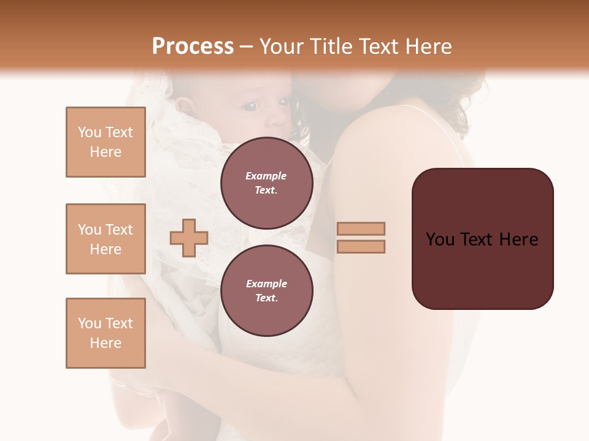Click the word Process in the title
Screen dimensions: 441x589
(x=193, y=47)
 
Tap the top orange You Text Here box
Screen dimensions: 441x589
(x=106, y=142)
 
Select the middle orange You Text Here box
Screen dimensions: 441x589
(x=106, y=239)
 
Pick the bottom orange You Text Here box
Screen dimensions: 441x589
(x=106, y=333)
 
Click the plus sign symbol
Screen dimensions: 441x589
(x=189, y=238)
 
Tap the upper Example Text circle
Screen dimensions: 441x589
(x=266, y=183)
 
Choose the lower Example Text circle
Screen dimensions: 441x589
(x=266, y=291)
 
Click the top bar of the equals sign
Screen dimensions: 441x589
(x=361, y=228)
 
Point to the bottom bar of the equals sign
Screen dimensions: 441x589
(x=361, y=247)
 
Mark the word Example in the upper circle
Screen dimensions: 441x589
(x=266, y=176)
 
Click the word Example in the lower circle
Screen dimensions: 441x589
(x=266, y=284)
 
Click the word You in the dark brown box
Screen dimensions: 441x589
(x=440, y=239)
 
